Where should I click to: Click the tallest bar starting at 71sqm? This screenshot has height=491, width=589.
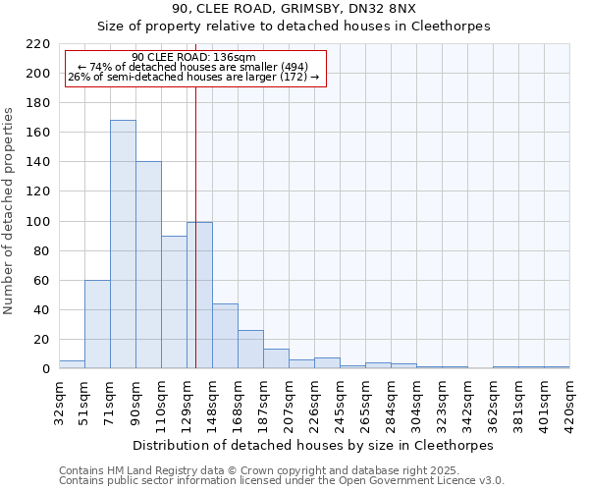(123, 245)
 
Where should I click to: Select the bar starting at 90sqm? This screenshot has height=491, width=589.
(148, 265)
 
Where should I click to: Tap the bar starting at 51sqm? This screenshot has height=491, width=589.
(97, 324)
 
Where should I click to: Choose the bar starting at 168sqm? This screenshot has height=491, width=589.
(250, 350)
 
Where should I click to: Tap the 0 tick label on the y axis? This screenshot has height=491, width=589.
(46, 369)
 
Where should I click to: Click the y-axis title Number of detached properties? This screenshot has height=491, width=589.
(10, 211)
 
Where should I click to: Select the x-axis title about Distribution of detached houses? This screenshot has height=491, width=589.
(312, 445)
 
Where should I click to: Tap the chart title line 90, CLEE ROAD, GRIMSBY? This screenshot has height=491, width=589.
(294, 9)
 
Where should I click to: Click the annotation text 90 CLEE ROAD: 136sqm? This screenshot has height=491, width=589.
(193, 57)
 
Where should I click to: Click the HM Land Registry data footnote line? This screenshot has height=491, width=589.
(259, 471)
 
